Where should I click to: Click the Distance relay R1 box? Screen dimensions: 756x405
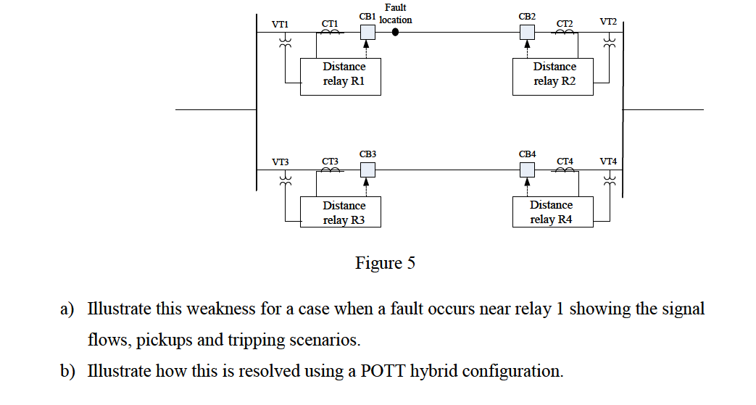click(x=341, y=77)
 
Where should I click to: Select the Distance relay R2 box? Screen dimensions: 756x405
click(x=552, y=77)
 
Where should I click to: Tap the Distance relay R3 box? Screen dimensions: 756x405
click(x=341, y=212)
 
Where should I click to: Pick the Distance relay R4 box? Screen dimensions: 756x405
click(x=552, y=212)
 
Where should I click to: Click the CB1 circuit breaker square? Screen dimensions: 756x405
click(x=368, y=33)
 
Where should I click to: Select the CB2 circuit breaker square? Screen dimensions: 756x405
click(x=527, y=33)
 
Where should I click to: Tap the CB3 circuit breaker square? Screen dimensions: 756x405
click(x=368, y=170)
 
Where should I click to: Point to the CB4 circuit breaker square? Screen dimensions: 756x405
click(x=527, y=170)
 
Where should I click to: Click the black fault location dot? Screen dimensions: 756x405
click(x=395, y=33)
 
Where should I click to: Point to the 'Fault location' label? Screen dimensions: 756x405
click(x=395, y=14)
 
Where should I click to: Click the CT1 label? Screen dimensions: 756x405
click(x=330, y=24)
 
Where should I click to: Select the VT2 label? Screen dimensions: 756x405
click(x=608, y=22)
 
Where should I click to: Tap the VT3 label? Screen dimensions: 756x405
click(x=280, y=162)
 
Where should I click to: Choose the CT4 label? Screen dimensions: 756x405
click(x=565, y=161)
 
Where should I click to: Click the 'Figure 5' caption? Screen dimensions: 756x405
click(x=385, y=263)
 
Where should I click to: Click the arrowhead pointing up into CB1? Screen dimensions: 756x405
click(x=366, y=44)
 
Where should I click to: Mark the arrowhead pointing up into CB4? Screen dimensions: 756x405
click(x=527, y=181)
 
